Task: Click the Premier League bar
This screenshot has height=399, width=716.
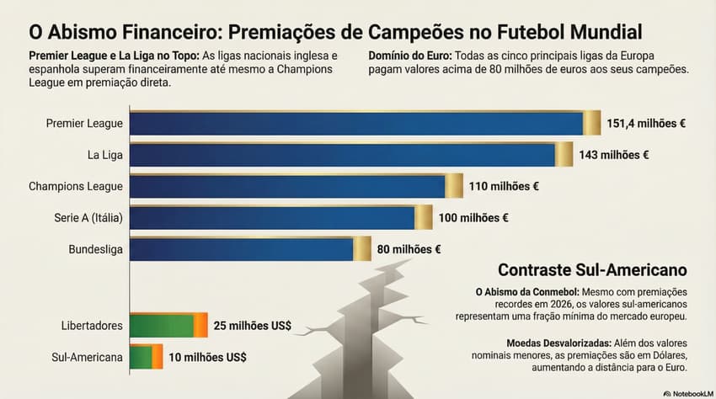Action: pos(358,124)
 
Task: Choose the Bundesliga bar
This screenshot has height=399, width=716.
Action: pos(243,248)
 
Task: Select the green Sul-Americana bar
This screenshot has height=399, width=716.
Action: pos(141,356)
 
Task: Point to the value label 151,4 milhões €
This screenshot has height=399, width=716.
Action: pos(646,124)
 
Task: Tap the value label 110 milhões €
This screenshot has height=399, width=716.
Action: pos(505,186)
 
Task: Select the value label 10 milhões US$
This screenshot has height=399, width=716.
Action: pos(208,357)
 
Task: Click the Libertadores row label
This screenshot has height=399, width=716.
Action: pos(93,325)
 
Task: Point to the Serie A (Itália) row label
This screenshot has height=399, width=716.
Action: pos(88,218)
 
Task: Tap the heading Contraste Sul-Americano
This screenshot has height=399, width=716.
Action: pos(592,270)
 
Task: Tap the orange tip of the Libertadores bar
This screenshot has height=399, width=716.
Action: pos(200,325)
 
